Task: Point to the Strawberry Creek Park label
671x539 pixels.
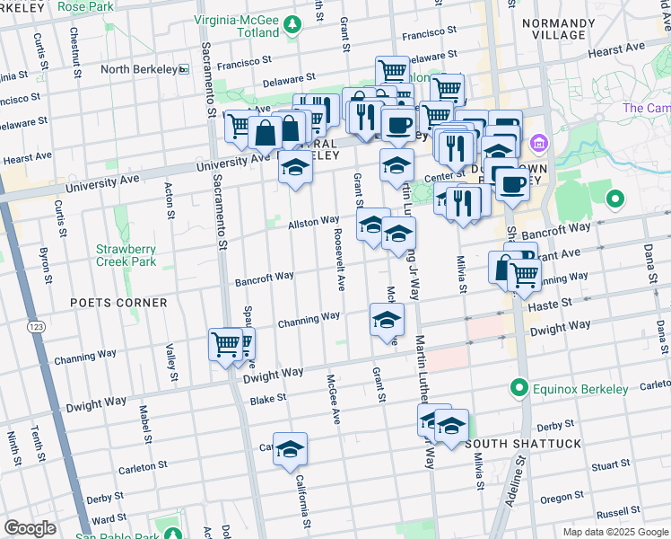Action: point(126,256)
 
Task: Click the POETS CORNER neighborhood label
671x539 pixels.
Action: point(118,303)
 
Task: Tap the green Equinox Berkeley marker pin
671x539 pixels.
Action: point(518,389)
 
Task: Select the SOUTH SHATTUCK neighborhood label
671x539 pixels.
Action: point(523,444)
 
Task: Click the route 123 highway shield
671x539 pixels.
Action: point(36,325)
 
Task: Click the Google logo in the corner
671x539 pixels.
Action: point(30,528)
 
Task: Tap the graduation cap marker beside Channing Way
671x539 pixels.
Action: point(387,320)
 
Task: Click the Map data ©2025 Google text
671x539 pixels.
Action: point(614,532)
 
